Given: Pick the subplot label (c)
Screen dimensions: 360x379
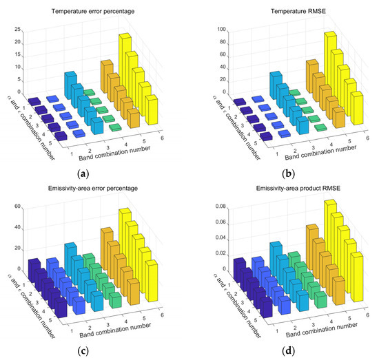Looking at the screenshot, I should tap(94, 348).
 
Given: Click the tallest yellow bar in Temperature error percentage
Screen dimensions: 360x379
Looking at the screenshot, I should tap(125, 52).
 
